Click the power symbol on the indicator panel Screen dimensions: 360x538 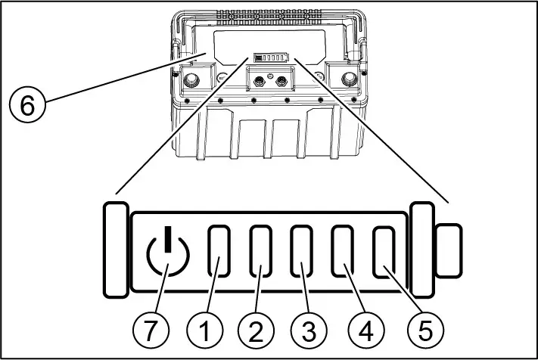(166, 255)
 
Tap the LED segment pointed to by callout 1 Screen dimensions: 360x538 (219, 253)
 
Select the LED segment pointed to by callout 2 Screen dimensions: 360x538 (261, 253)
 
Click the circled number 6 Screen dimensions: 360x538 (27, 106)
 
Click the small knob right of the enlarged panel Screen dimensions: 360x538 (449, 250)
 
